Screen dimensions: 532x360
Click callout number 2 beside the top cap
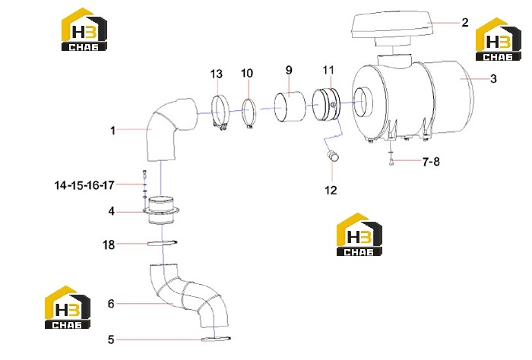click(x=465, y=23)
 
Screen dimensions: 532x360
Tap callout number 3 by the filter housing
click(x=493, y=79)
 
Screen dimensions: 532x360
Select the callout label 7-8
click(x=431, y=162)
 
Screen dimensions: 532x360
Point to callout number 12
click(x=331, y=190)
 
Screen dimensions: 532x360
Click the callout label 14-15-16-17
click(x=84, y=185)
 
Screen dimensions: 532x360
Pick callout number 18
click(x=109, y=245)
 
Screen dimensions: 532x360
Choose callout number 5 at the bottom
click(x=111, y=339)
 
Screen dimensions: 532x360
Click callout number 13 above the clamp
click(x=217, y=74)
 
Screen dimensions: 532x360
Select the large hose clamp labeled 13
click(x=220, y=113)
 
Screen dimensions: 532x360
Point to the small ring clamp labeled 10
click(x=249, y=114)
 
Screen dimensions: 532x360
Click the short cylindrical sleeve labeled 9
click(x=289, y=106)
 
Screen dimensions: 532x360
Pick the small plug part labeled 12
click(x=333, y=156)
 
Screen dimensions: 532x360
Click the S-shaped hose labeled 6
click(x=188, y=295)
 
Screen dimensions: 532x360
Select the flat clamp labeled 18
click(x=162, y=243)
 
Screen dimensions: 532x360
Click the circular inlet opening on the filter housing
click(x=363, y=102)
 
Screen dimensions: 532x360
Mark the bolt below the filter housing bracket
click(x=391, y=163)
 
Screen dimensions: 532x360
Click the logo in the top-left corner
click(x=84, y=30)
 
